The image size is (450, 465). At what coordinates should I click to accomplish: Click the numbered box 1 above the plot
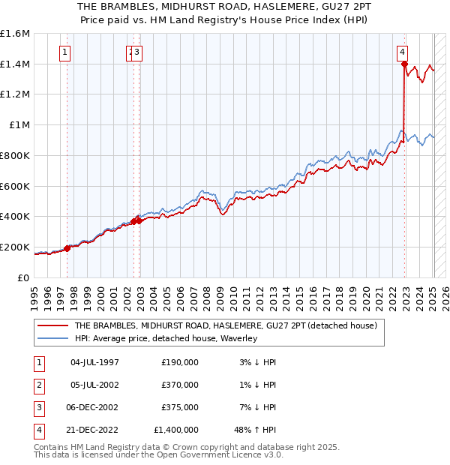coord(66,52)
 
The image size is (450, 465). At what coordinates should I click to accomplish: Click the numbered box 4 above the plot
coord(403,52)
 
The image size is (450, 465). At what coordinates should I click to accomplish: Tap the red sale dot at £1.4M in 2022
coord(404,64)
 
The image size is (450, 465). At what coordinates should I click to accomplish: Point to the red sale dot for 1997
coord(67,248)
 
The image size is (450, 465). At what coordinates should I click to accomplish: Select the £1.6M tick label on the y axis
coord(15,34)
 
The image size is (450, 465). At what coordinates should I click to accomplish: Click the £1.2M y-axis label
coord(15,94)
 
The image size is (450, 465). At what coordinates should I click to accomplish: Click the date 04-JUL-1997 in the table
coord(94,362)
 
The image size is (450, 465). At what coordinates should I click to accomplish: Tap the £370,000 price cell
coord(180,385)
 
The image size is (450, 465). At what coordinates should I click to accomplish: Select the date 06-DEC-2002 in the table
coord(94,407)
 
